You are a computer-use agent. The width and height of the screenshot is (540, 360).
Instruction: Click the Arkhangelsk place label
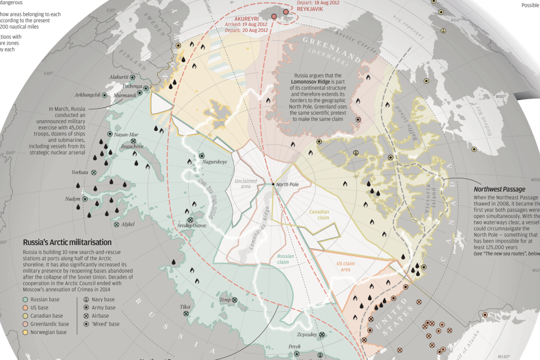coord(87,95)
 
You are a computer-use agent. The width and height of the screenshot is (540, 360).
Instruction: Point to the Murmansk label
coord(125,95)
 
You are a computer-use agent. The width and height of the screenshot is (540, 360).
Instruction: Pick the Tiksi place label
coord(185,307)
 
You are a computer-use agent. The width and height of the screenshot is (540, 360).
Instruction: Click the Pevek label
coord(295,347)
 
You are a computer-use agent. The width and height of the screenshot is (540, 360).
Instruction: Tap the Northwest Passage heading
coord(499,189)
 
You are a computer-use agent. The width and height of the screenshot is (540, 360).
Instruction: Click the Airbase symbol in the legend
coord(86,316)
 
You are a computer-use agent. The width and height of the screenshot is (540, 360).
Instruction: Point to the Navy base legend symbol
coord(86,300)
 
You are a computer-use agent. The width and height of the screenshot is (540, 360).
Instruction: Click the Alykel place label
coord(128,224)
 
